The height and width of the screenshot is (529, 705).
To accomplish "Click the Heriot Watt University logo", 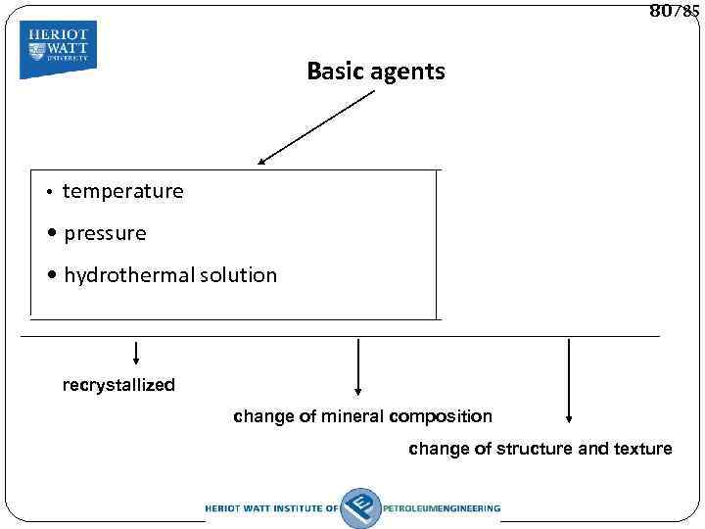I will (58, 48).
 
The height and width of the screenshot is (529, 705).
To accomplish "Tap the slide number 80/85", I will (674, 12).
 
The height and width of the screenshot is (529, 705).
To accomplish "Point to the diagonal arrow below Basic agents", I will (316, 126).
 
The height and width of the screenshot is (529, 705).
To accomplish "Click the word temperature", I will (122, 191).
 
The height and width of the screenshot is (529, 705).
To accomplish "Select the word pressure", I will (105, 233).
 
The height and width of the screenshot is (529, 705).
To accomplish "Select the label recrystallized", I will (118, 385).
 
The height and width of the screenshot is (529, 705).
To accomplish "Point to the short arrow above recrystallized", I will (135, 352).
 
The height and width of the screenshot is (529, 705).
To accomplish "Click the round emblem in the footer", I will (360, 507).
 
